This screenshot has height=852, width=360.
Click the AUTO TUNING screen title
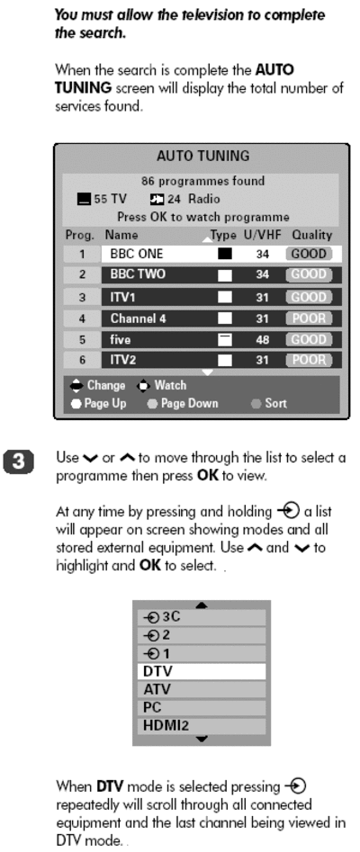[x=202, y=156]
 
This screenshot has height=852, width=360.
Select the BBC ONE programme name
[x=137, y=254]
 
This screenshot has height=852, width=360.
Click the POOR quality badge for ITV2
[x=309, y=360]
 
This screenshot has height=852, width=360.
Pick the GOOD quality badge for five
[x=309, y=339]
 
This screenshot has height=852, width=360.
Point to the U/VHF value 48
[x=262, y=339]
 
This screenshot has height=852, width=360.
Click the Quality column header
[x=311, y=236]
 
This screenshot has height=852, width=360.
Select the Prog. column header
[x=79, y=236]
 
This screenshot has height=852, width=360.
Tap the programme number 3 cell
[x=82, y=297]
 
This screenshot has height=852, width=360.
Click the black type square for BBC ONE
[x=225, y=254]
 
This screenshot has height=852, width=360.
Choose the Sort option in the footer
[x=275, y=404]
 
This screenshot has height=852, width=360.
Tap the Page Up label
[x=105, y=404]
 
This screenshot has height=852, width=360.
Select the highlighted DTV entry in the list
[x=202, y=671]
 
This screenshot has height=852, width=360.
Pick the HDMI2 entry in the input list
[x=202, y=725]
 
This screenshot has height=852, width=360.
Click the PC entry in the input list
[x=202, y=707]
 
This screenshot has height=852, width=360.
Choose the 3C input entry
[x=202, y=618]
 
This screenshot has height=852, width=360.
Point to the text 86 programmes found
[x=202, y=181]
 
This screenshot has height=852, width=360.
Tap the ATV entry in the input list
[x=202, y=689]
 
